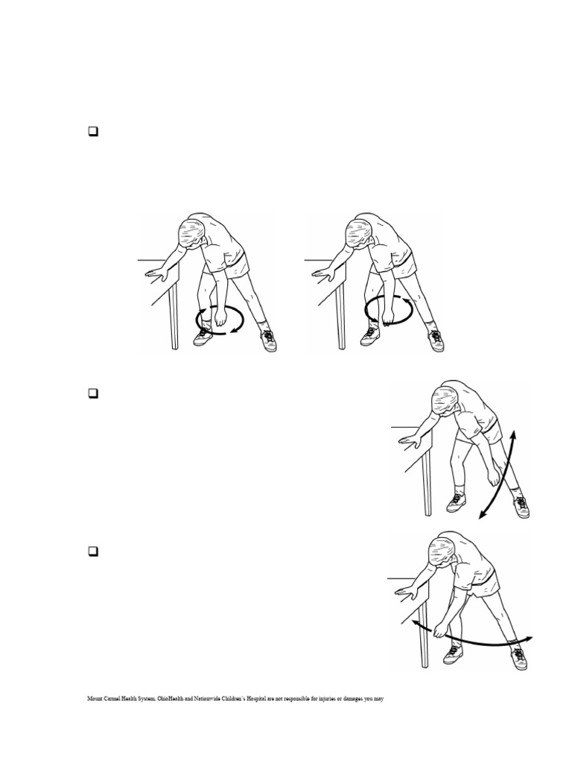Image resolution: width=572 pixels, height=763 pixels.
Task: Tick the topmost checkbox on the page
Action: point(94,133)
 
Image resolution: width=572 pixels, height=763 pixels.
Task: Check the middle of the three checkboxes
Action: point(94,393)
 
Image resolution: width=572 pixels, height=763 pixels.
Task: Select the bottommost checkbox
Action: point(94,552)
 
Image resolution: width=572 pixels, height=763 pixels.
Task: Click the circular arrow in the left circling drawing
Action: point(220,319)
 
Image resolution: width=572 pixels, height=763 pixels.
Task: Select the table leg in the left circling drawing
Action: point(174,313)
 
